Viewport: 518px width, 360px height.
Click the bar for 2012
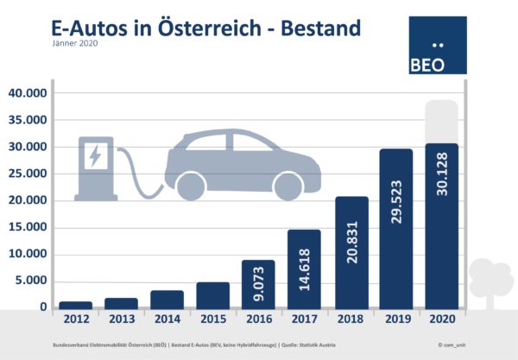coord(74,305)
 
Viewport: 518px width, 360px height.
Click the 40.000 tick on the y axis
coord(29,93)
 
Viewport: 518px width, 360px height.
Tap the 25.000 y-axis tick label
coord(29,174)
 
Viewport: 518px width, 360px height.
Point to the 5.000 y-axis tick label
coord(33,281)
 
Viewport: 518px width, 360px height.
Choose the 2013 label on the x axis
coord(121,320)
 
